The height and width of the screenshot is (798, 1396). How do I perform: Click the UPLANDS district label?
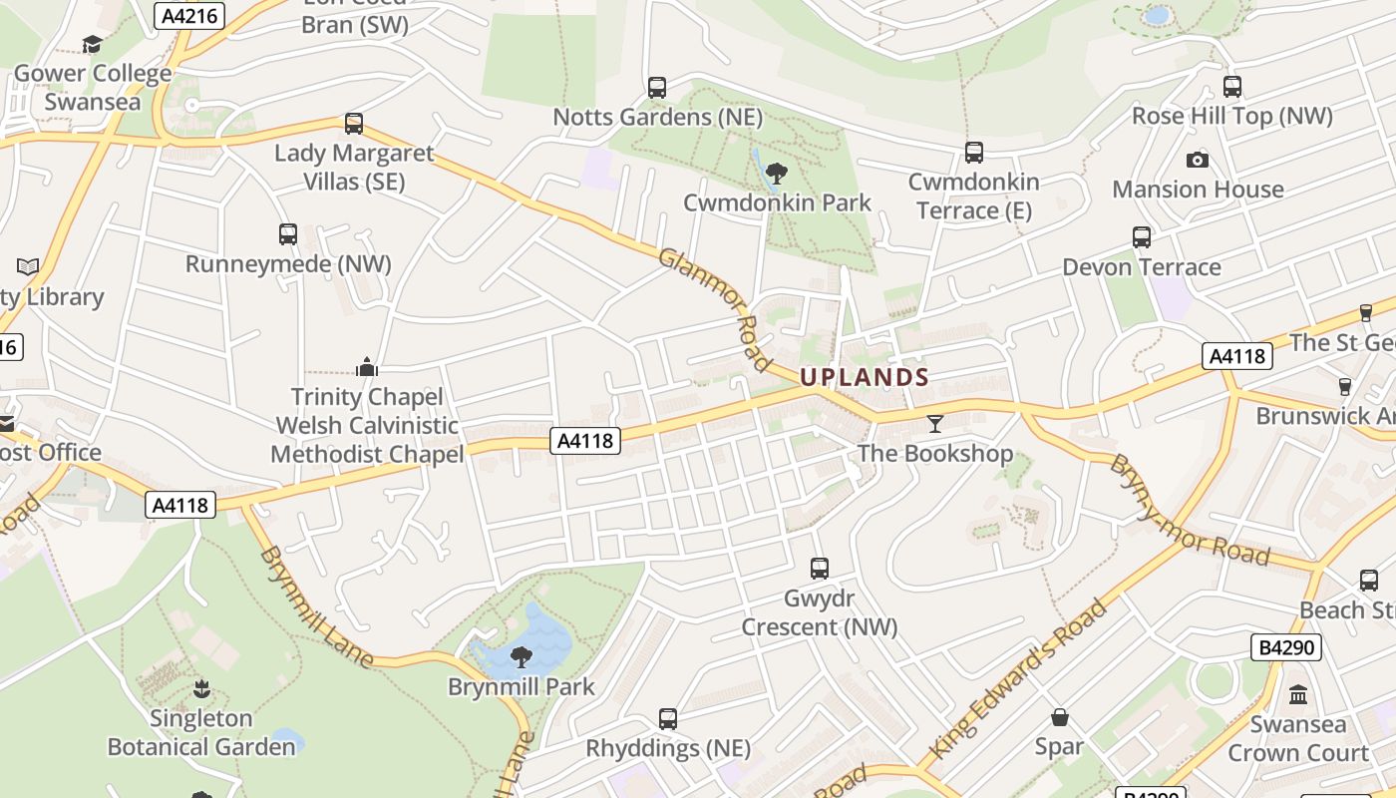865,377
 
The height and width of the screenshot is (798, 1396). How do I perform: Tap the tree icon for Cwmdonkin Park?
776,174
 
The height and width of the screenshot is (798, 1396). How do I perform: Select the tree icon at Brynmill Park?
521,656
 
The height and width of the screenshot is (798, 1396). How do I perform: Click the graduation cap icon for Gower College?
93,44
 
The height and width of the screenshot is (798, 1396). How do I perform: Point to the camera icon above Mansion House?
1198,160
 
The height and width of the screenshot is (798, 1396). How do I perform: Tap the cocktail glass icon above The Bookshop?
934,424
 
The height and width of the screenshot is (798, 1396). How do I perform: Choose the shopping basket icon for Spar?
1059,717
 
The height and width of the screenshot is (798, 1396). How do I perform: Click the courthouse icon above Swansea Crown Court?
1298,694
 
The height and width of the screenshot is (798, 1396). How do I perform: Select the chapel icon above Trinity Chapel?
367,367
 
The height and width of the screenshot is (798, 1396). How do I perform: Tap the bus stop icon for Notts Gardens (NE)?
657,88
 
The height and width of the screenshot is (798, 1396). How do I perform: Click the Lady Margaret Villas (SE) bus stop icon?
354,124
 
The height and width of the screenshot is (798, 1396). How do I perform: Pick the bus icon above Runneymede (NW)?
288,234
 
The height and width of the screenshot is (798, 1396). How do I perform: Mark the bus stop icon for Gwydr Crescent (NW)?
820,569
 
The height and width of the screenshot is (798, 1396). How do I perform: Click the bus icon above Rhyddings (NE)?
668,718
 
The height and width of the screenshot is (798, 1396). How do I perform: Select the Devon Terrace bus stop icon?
1142,237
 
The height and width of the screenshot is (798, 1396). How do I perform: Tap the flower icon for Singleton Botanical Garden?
201,688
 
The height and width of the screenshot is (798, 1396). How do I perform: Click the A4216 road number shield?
190,15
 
